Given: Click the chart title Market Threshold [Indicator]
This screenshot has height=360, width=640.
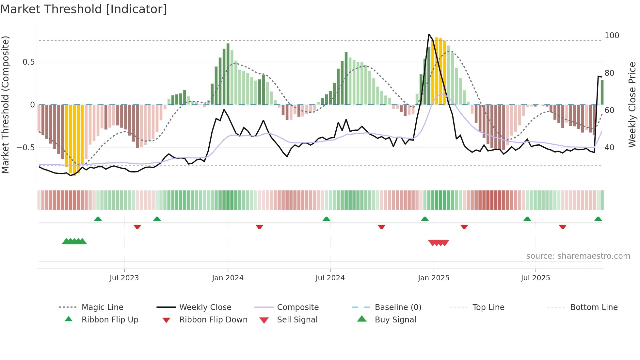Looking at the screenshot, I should pos(84,9).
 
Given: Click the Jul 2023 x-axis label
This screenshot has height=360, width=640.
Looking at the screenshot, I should pos(124,278).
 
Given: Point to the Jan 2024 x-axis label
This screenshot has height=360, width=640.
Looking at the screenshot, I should pos(228,278).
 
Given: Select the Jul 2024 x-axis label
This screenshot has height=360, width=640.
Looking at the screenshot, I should pos(330,278).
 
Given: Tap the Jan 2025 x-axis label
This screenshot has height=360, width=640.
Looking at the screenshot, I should pos(434,278).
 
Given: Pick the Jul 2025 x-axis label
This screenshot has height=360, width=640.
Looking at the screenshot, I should pos(536,278).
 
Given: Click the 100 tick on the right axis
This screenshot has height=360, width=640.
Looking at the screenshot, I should pos(612,36).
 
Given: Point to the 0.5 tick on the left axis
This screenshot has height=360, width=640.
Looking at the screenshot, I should pos(29,62).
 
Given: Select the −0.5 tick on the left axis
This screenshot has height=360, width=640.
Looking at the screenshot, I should pos(26,148).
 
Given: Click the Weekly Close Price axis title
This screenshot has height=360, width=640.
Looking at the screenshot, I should pos(632,105).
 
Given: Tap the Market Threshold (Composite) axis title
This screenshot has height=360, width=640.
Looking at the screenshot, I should pos(5,105).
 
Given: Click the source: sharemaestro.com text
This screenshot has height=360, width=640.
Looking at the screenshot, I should pos(578,256).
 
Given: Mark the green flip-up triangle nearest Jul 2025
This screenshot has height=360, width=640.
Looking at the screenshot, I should pos(527,219).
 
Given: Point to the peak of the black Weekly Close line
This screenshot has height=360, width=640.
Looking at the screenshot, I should pos(429,34).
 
